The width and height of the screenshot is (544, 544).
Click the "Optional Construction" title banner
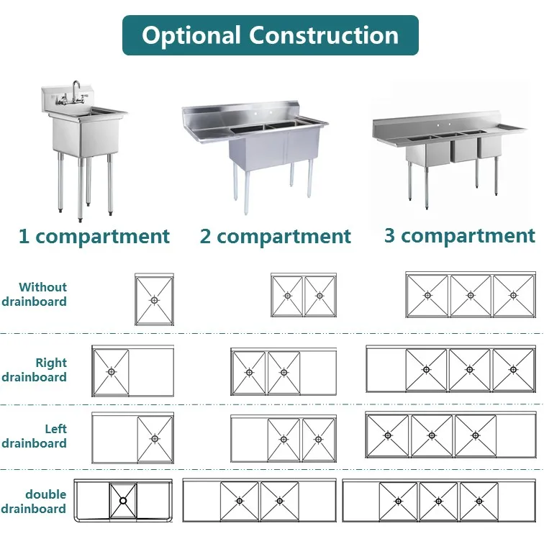coord(270,35)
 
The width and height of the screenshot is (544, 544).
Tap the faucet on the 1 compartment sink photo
coord(74,93)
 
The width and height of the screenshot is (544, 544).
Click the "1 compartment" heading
coord(94,236)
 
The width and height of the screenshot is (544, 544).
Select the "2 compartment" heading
coord(276,236)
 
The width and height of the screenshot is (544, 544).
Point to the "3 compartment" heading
coord(459,235)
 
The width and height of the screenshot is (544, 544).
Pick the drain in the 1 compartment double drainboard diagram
coord(123,500)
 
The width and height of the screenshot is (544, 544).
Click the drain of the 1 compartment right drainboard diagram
coord(111,371)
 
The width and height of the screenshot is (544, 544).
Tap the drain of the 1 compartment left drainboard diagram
coord(155,438)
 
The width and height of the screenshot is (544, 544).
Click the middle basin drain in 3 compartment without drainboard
coord(471,294)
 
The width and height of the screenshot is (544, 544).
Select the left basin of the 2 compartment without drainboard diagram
coord(287,296)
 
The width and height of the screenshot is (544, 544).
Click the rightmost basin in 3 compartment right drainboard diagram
coord(513,370)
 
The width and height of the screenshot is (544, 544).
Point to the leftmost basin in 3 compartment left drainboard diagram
coord(388,435)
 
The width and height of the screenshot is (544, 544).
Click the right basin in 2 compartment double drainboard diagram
coord(279,501)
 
